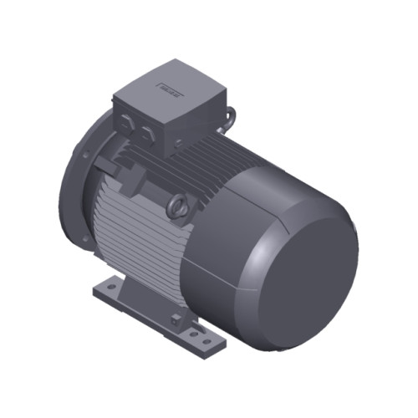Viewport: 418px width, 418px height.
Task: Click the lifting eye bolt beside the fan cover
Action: click(x=178, y=205)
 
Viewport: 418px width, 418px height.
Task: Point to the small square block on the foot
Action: click(x=175, y=318)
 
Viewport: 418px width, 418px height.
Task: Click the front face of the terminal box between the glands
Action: click(x=137, y=117)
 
